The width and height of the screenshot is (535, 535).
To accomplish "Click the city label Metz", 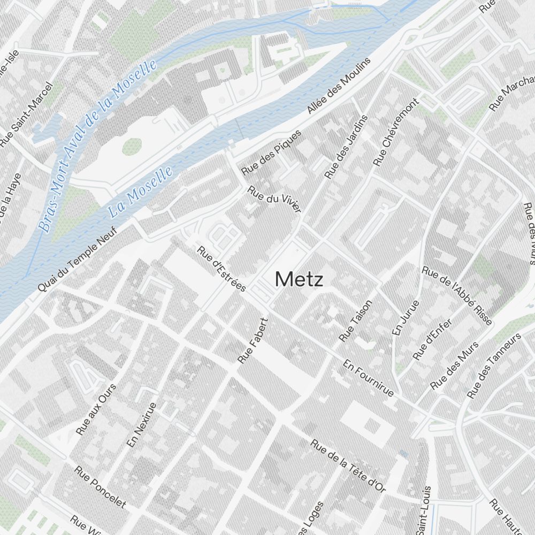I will [299, 279].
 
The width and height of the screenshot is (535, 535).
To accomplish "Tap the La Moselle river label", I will [141, 191].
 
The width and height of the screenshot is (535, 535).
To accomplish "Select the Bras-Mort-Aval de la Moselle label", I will [98, 145].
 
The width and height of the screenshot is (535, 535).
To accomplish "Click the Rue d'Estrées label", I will [221, 269].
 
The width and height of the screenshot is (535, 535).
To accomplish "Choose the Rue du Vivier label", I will [274, 198].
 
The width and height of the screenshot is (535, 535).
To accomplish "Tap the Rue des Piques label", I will [271, 152].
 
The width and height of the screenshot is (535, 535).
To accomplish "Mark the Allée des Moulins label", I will [339, 86].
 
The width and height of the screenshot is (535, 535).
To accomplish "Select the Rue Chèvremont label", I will [396, 132].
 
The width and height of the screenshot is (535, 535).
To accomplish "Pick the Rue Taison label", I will [355, 320].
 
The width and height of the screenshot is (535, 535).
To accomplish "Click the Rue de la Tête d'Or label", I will [348, 465].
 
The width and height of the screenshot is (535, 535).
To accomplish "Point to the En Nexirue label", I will [141, 425].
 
